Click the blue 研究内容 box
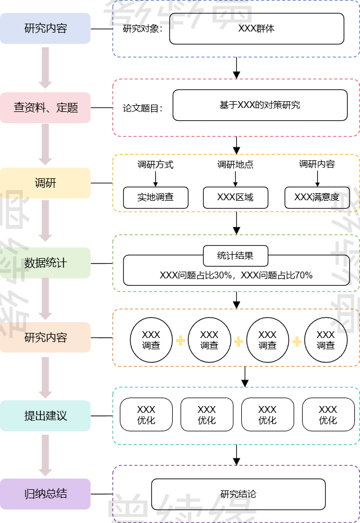point(45,28)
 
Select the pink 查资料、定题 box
point(45,107)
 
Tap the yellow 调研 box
point(45,183)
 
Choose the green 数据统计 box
point(45,263)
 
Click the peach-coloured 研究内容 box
point(45,337)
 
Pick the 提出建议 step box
point(45,416)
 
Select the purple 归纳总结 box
point(45,494)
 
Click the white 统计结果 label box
point(235,256)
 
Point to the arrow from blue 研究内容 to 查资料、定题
point(45,67)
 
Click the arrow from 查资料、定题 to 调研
point(45,144)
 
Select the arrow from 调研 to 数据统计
point(45,220)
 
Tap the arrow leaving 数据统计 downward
point(45,299)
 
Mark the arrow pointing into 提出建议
point(45,377)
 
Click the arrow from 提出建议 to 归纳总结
point(45,455)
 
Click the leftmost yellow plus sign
point(181,340)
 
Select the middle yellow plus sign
point(238,341)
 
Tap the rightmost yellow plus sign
point(297,341)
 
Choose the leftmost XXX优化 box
point(146,414)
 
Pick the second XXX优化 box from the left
point(207,414)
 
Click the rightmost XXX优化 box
point(328,414)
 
